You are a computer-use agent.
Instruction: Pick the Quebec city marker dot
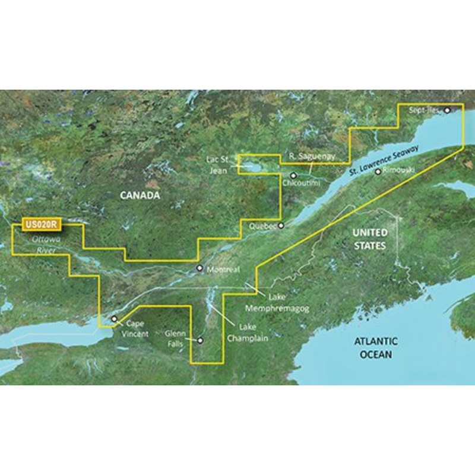tap(281, 226)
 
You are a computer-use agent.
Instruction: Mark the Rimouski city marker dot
tap(378, 172)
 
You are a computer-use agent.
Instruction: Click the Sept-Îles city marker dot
tap(447, 110)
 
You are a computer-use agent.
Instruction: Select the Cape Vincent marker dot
tap(115, 319)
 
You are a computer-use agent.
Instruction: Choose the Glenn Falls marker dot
tap(200, 340)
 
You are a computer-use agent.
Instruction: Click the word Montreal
tap(223, 270)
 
